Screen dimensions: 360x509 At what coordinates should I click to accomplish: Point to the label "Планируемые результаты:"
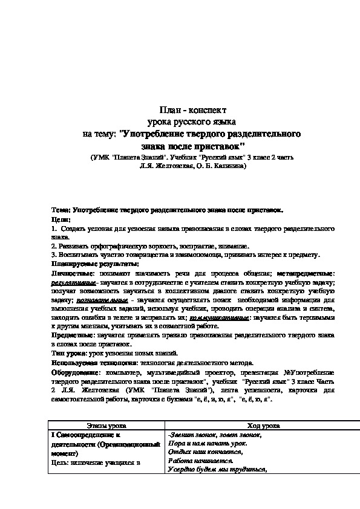tap(87, 264)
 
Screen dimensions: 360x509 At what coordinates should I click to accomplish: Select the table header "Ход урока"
tap(248, 426)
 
